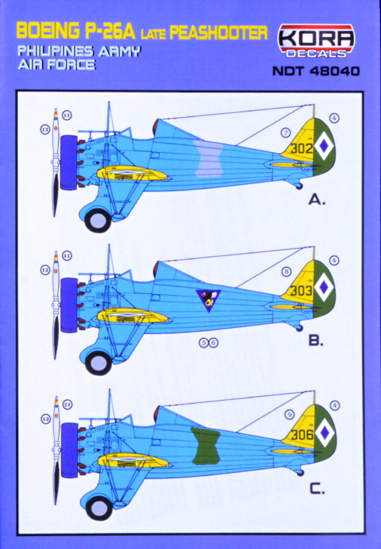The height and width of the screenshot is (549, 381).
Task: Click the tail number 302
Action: (x=302, y=148)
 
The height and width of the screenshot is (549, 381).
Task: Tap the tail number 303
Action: (x=302, y=291)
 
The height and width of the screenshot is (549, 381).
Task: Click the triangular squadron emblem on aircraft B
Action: (x=209, y=300)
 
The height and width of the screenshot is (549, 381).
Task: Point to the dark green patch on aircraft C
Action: (x=205, y=445)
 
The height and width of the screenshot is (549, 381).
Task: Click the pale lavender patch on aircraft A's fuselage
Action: (x=213, y=159)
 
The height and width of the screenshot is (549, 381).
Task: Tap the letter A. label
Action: (x=317, y=200)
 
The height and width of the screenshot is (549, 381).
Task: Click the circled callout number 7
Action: (x=285, y=132)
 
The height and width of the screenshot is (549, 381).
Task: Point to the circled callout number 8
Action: (x=285, y=272)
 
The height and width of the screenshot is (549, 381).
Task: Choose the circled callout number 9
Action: (x=290, y=414)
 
